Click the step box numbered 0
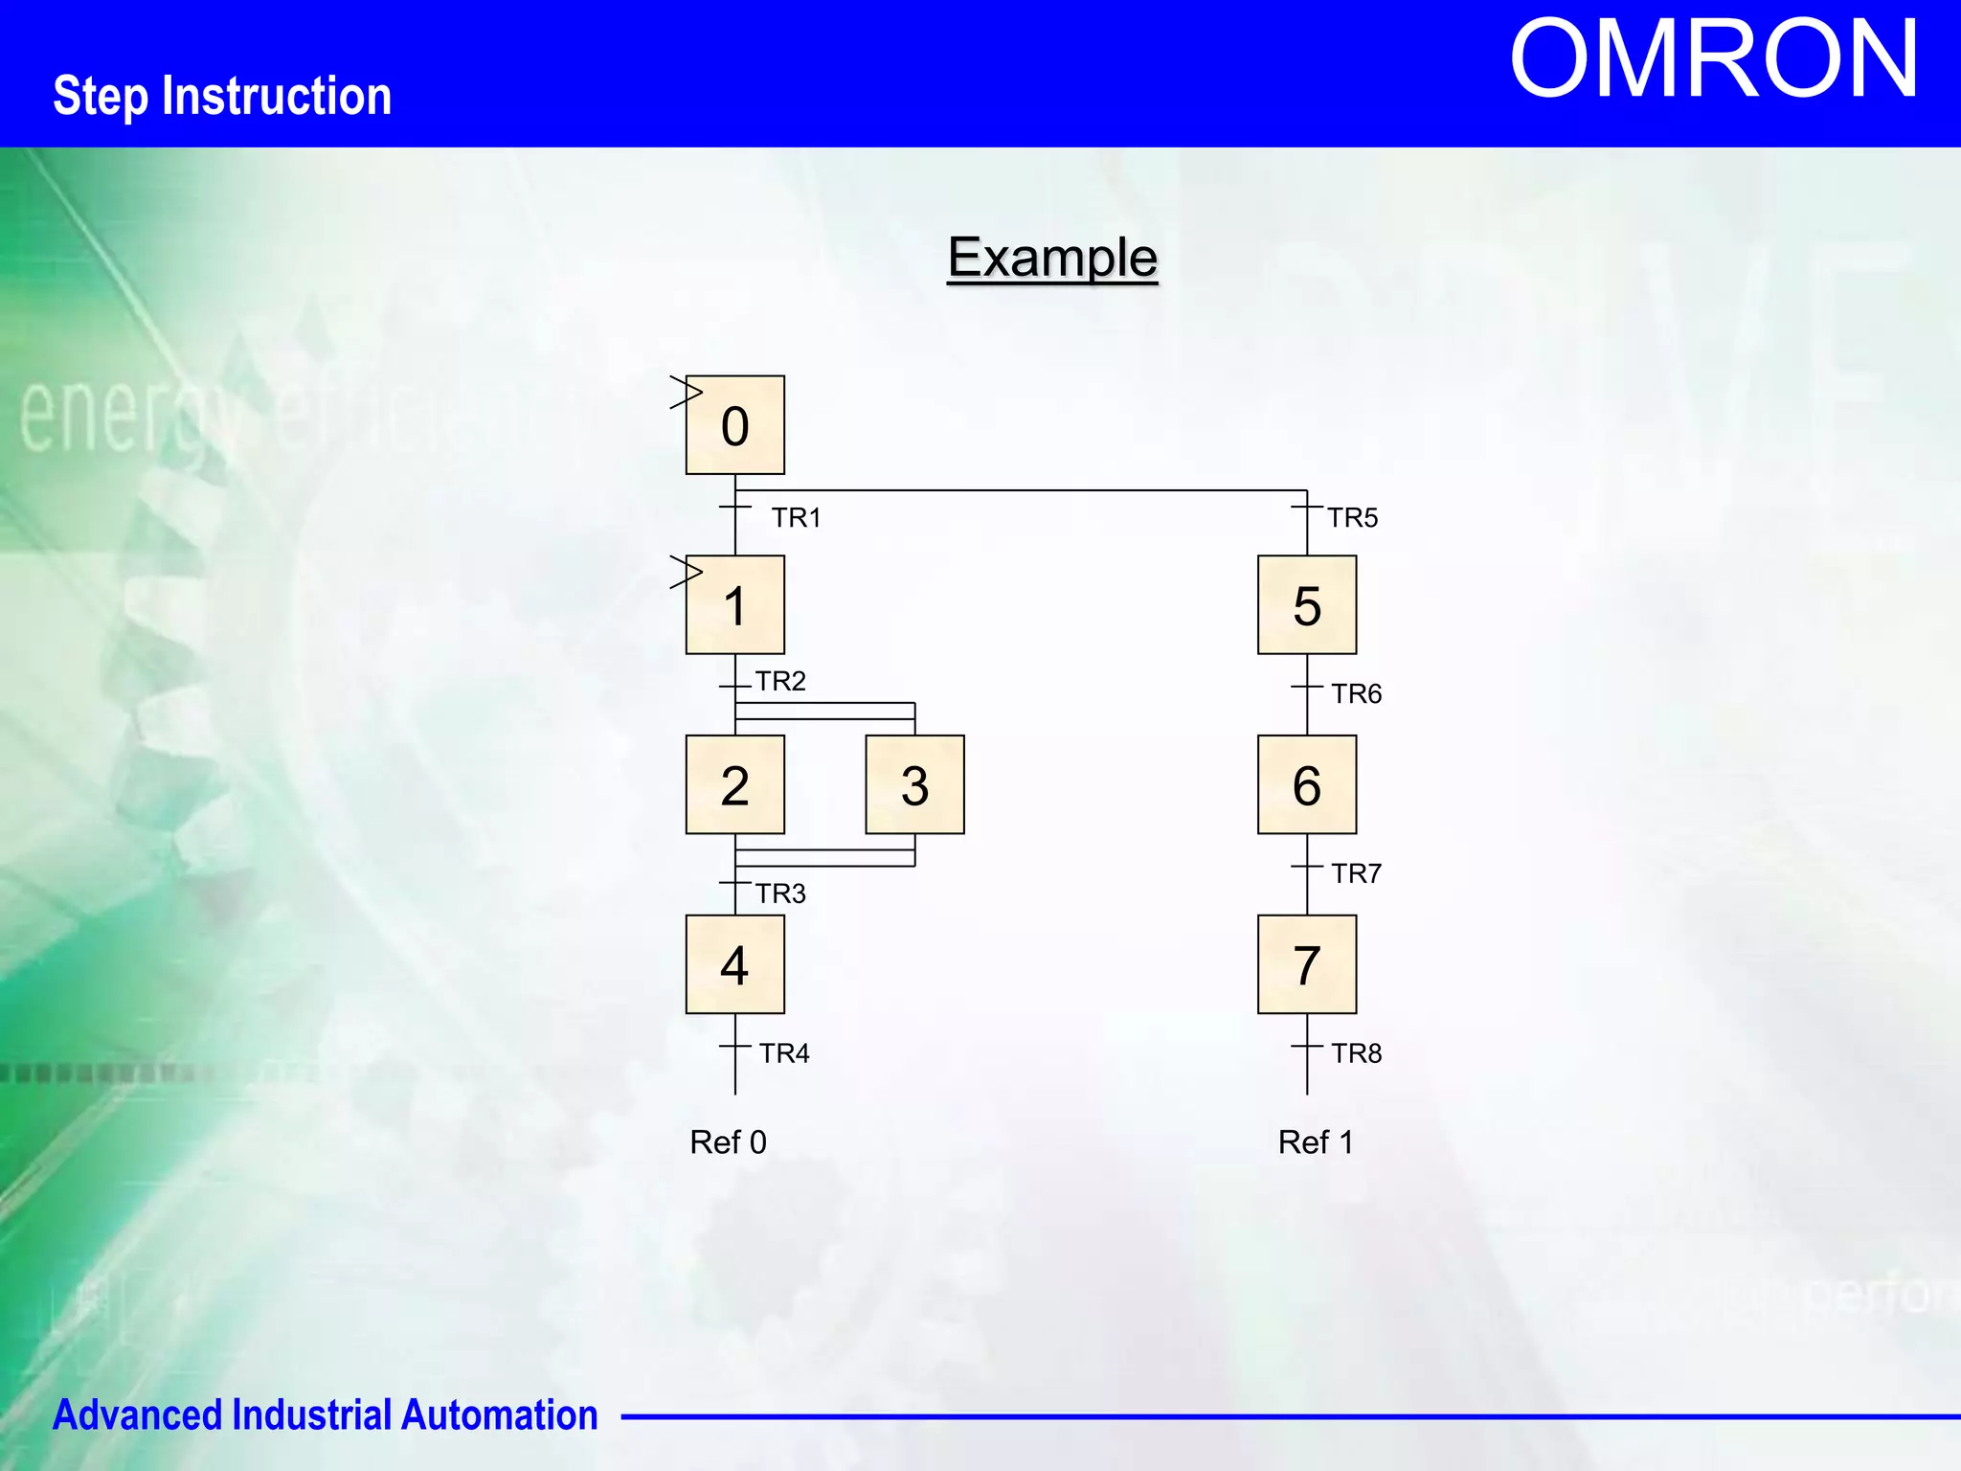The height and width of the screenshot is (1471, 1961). click(x=734, y=425)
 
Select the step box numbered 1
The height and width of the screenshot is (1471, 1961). click(x=734, y=605)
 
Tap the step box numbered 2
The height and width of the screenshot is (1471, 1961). click(x=734, y=784)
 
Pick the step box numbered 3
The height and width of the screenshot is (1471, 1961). click(x=914, y=784)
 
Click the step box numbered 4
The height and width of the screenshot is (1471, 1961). click(x=734, y=964)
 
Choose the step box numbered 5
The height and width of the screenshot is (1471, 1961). click(x=1307, y=605)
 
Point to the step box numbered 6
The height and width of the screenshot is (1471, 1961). click(x=1307, y=784)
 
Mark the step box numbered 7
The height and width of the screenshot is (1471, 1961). click(x=1307, y=964)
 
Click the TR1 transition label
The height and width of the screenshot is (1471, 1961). click(x=797, y=518)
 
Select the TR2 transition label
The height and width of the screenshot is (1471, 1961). click(x=780, y=681)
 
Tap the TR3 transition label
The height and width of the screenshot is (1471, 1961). click(x=780, y=894)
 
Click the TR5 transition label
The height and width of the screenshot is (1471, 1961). click(x=1352, y=518)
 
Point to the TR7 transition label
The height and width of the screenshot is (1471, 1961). click(x=1356, y=873)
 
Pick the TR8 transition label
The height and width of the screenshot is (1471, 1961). click(x=1356, y=1053)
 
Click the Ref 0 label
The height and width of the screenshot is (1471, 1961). click(x=728, y=1143)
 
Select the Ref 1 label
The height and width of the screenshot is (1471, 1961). click(x=1316, y=1143)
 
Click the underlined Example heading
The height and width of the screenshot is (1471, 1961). click(x=1052, y=258)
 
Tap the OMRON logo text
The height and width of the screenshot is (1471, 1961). click(x=1713, y=59)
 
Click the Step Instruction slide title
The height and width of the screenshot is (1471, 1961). click(x=222, y=97)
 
